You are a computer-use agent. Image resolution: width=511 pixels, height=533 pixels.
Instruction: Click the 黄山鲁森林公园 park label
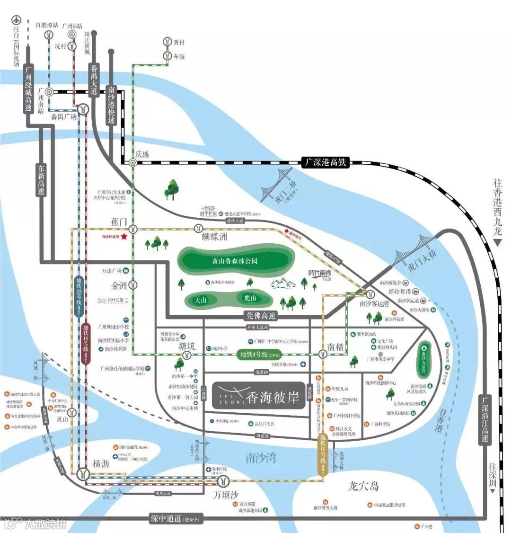235,260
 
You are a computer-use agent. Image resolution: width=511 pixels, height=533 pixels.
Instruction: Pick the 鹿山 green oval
250,298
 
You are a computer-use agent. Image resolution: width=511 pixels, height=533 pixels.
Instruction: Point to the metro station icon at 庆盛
134,162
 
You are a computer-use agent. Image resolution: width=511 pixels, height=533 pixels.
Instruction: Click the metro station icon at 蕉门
134,229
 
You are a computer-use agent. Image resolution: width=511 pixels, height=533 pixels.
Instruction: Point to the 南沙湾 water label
261,457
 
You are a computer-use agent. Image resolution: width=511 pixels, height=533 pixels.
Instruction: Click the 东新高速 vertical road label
41,180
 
